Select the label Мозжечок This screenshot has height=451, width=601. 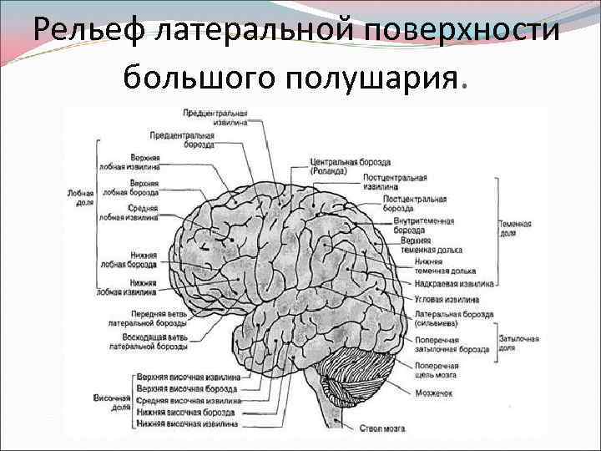tap(433, 392)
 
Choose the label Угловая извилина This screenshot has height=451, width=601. tap(447, 298)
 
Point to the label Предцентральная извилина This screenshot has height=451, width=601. tap(216, 116)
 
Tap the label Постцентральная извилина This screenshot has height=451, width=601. tap(395, 183)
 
